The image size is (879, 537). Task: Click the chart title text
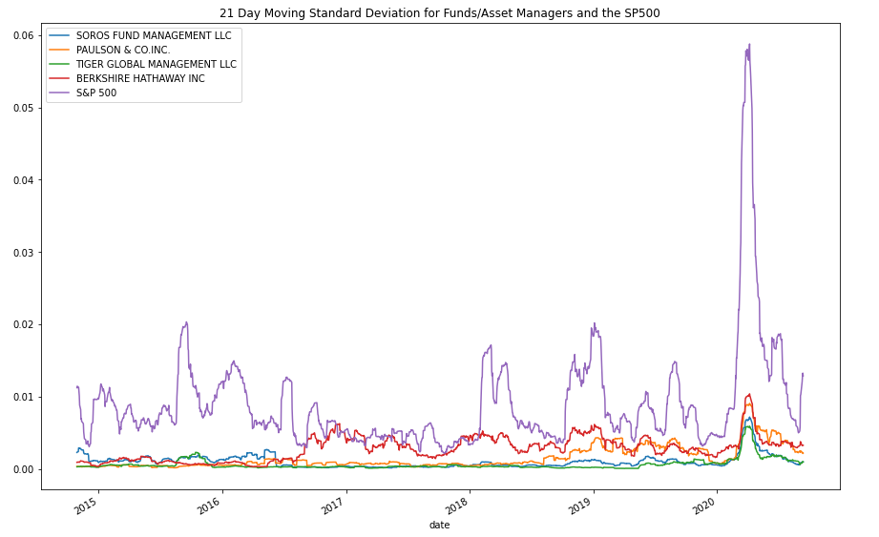point(439,13)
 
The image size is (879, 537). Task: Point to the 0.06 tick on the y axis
point(22,35)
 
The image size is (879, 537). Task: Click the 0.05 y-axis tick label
point(22,108)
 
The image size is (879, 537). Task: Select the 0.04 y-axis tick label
point(22,180)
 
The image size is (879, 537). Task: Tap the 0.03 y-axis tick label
point(22,253)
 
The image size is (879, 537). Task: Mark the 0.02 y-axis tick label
point(22,324)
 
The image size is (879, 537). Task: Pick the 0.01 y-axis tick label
point(22,397)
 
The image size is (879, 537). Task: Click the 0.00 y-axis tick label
point(22,469)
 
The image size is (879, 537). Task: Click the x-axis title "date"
point(439,526)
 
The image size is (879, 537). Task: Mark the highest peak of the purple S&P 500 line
point(749,44)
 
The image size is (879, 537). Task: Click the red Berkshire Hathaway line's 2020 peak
point(749,395)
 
